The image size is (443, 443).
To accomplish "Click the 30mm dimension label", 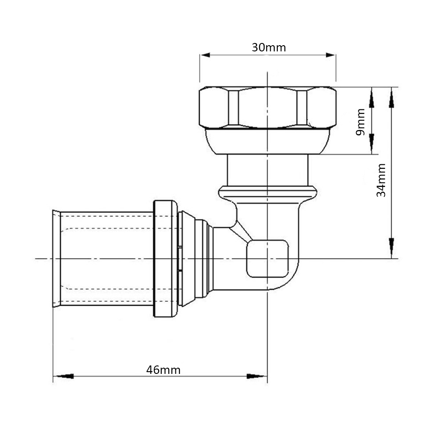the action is click(269, 47).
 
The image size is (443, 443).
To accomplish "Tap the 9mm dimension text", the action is click(361, 122).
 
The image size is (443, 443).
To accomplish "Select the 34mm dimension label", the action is click(381, 180).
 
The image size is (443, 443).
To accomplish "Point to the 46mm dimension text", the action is click(163, 370).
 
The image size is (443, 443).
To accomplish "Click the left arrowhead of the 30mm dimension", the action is click(205, 55).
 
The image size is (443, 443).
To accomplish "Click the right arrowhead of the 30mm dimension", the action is click(330, 55).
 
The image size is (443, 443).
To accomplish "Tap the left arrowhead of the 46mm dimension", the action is click(63, 376).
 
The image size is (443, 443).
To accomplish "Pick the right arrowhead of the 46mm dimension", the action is click(256, 376).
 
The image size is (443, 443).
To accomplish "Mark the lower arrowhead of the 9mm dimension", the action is click(372, 144).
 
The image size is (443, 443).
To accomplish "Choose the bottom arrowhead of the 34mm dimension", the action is click(391, 248).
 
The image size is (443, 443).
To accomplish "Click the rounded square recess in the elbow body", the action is click(268, 259).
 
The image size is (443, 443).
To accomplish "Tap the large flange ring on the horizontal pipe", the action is click(166, 259).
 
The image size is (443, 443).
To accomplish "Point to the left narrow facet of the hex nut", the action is click(233, 108).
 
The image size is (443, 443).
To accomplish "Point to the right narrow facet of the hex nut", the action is click(302, 108).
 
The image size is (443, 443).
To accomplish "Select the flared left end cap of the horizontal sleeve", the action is click(57, 259).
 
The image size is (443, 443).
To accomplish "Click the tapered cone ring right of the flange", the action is click(188, 259).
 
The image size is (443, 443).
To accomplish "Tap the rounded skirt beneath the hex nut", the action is click(268, 142).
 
